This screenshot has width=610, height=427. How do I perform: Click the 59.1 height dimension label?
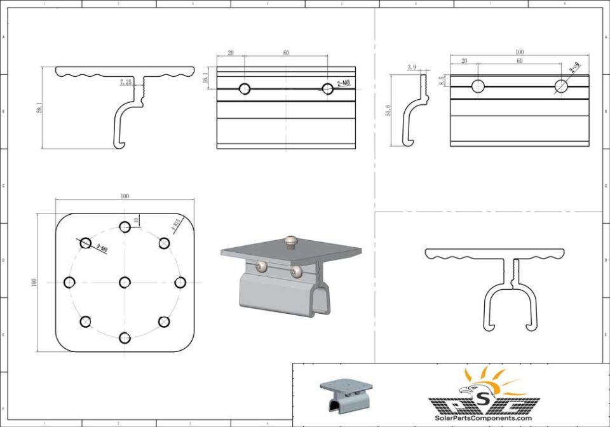coord(39,109)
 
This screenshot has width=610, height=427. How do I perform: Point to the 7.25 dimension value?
coord(125,82)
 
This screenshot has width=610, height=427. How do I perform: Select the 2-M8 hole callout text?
coord(343,83)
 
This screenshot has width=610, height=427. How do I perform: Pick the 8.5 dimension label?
coord(441,81)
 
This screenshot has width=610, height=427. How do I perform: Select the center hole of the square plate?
coord(125,282)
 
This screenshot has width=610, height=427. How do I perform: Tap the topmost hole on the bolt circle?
coord(125,227)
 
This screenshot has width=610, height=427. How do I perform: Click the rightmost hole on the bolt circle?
coord(180,282)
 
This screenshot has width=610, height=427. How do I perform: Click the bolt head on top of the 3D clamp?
coord(292,241)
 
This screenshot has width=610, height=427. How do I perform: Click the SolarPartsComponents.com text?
coord(483,417)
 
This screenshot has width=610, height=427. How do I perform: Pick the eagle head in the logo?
coord(471,390)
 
